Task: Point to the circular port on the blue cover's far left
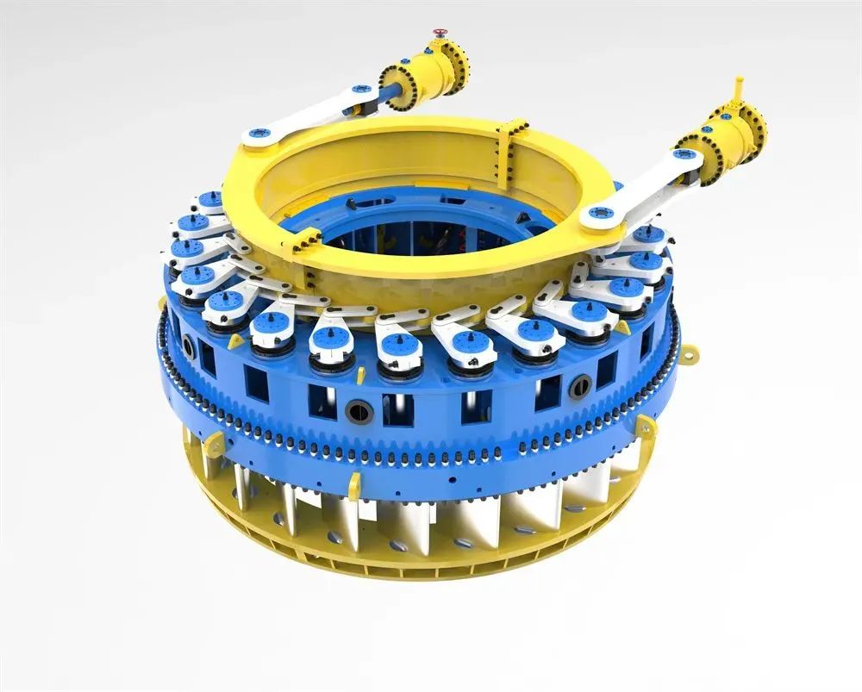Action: click(188, 346)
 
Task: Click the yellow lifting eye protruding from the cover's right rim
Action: click(687, 352)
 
